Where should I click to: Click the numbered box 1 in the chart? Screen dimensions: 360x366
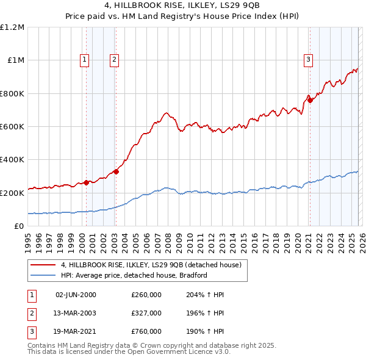pos(84,60)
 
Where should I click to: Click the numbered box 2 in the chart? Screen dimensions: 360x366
pos(115,60)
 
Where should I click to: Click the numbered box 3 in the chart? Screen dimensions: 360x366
pos(309,60)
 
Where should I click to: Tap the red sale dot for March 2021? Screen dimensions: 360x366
pos(310,101)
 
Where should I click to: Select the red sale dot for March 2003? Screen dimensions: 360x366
pos(116,172)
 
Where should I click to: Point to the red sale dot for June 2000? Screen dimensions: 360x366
pos(86,182)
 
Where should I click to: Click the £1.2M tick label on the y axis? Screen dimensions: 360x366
pos(12,27)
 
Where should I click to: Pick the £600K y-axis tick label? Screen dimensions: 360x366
pos(12,127)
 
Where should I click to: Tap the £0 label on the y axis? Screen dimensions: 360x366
pos(18,226)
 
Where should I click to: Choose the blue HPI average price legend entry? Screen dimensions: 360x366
pos(134,275)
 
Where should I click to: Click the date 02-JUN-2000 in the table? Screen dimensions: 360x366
pos(76,295)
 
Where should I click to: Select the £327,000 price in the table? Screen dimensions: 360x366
pos(146,313)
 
